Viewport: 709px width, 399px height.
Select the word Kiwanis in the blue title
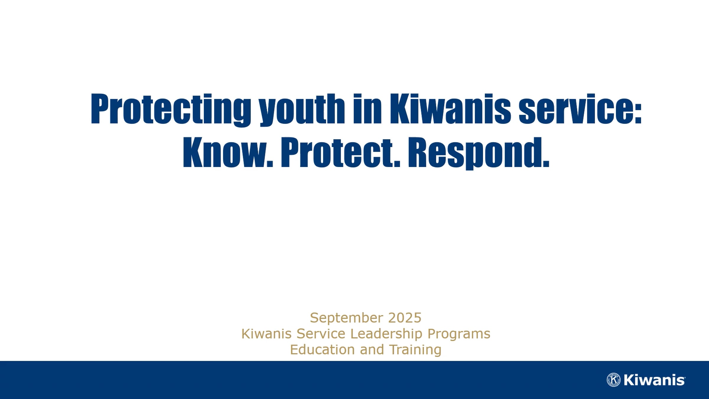[x=450, y=108]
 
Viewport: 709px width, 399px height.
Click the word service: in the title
[x=580, y=108]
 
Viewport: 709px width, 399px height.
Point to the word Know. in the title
[x=228, y=153]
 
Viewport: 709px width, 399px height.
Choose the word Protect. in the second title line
[x=340, y=153]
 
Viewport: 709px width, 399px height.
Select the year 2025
[x=405, y=318]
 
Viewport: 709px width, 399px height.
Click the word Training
[x=415, y=350]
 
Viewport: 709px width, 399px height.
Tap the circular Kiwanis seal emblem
[x=614, y=380]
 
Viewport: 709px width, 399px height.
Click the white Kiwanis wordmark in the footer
[x=654, y=380]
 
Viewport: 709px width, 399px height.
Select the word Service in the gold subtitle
[x=321, y=334]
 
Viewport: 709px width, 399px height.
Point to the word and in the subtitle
[x=372, y=349]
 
